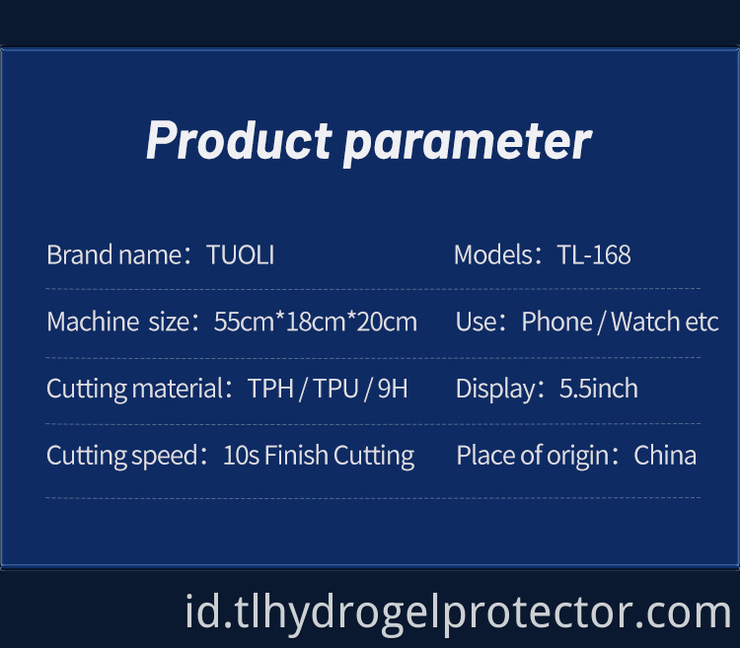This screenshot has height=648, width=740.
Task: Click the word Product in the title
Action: (238, 141)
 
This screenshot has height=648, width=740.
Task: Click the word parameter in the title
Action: (467, 141)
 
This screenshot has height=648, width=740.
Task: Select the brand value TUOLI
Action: (241, 255)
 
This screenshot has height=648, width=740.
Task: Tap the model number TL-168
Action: (594, 255)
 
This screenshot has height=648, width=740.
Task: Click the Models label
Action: (493, 255)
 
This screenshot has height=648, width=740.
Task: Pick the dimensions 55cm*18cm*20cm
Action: (316, 322)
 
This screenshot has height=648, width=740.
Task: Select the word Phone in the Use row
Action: (556, 322)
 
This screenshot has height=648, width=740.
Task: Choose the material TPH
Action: (271, 389)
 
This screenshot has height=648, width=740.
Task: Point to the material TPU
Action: (335, 389)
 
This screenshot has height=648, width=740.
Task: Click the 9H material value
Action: (392, 389)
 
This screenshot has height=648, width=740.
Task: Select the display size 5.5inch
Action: (599, 389)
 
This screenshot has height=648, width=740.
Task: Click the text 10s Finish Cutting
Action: (319, 456)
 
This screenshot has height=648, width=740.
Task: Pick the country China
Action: (665, 456)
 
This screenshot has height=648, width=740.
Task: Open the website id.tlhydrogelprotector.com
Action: (458, 612)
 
